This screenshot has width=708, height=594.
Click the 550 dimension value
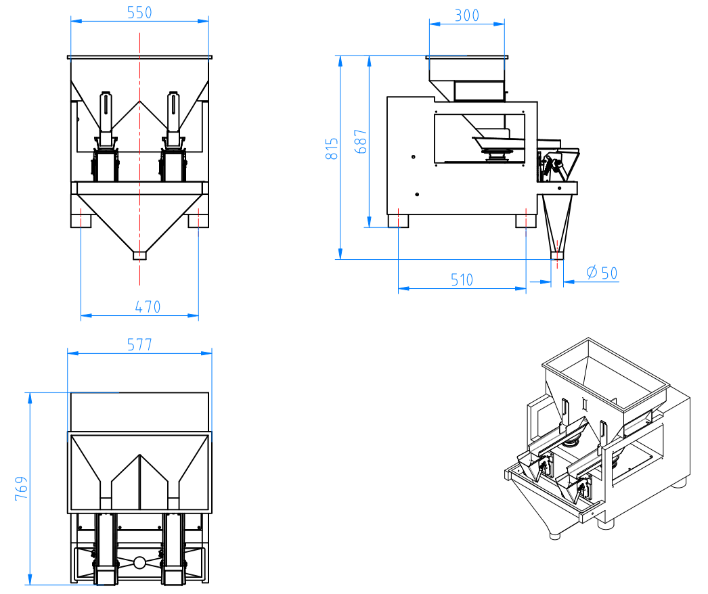point(139,12)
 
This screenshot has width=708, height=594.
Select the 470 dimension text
point(147,306)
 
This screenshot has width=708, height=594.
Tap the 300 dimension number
point(466,15)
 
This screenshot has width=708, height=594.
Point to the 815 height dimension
point(332,149)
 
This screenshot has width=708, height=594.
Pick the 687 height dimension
point(361,141)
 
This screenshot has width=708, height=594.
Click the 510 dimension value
point(462,279)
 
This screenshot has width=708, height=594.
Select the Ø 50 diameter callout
point(601,273)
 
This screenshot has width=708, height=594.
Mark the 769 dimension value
point(22,488)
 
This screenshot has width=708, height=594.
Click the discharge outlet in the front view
point(139,256)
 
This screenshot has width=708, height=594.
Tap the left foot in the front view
point(81,219)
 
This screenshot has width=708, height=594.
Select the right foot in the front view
point(198,219)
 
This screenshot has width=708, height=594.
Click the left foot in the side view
point(398,221)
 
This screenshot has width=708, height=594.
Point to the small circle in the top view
point(139,562)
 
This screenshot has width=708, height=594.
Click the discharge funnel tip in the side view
point(556,256)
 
